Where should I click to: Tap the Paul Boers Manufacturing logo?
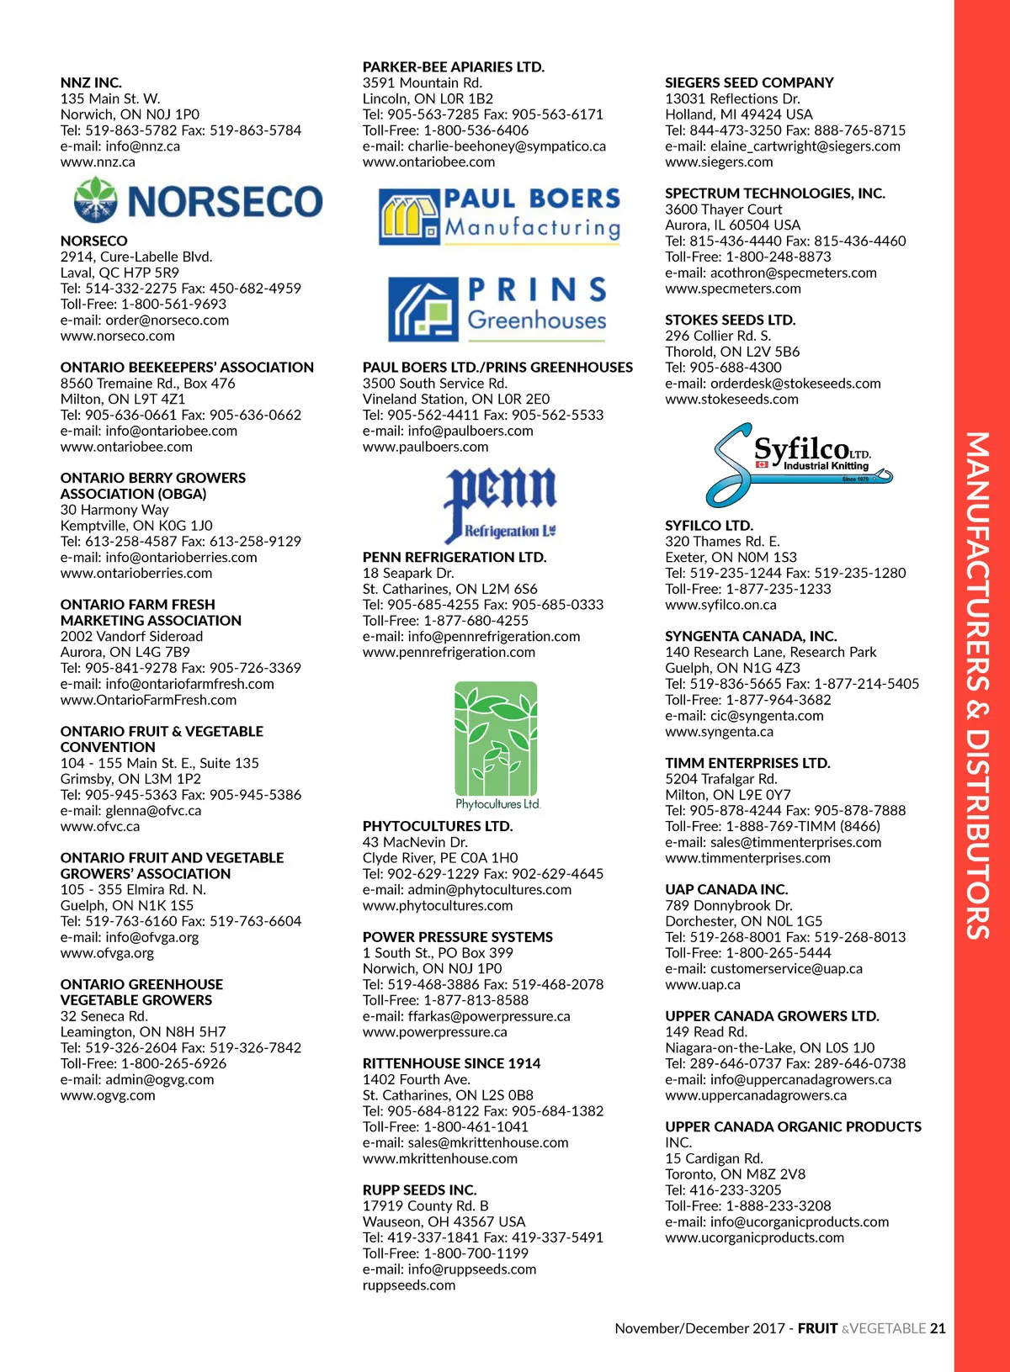pyautogui.click(x=499, y=215)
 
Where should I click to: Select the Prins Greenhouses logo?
pyautogui.click(x=497, y=308)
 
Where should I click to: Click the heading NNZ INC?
pyautogui.click(x=91, y=82)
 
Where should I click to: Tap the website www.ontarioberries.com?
pyautogui.click(x=136, y=573)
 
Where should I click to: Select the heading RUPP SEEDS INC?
pyautogui.click(x=419, y=1189)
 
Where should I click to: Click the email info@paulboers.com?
pyautogui.click(x=448, y=431)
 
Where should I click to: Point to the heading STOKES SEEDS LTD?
pyautogui.click(x=730, y=320)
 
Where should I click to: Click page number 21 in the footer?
pyautogui.click(x=938, y=1328)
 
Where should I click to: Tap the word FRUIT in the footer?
pyautogui.click(x=817, y=1328)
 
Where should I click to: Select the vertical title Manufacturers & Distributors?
pyautogui.click(x=977, y=686)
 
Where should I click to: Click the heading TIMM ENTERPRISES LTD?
pyautogui.click(x=747, y=763)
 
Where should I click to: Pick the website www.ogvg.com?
pyautogui.click(x=108, y=1095)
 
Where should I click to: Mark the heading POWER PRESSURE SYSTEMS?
pyautogui.click(x=458, y=937)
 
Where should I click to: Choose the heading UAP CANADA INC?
pyautogui.click(x=726, y=889)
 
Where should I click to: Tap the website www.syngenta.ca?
pyautogui.click(x=719, y=732)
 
